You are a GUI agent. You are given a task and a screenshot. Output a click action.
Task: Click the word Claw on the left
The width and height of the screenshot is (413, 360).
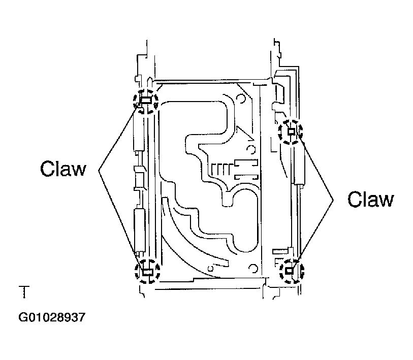pyautogui.click(x=63, y=169)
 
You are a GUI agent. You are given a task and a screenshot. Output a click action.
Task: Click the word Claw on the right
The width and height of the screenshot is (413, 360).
pyautogui.click(x=371, y=199)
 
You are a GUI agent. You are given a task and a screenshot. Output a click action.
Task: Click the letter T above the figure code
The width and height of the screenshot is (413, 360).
pyautogui.click(x=24, y=291)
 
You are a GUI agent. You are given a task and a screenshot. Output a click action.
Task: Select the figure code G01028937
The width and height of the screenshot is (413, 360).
pyautogui.click(x=52, y=317)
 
